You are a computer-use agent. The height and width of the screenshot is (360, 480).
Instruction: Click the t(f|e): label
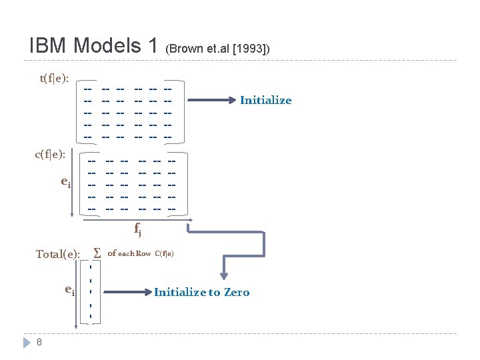(57, 78)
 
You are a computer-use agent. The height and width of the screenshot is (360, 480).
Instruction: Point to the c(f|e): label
(51, 155)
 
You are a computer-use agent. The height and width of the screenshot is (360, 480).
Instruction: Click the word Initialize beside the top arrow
(265, 101)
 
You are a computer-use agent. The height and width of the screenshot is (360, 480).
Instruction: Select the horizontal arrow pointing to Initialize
(212, 101)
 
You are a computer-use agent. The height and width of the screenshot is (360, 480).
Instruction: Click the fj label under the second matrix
(137, 231)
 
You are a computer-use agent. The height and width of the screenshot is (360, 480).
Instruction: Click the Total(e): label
(58, 254)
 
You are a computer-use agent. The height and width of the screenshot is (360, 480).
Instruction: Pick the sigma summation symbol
(97, 253)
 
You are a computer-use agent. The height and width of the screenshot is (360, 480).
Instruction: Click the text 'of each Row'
(129, 253)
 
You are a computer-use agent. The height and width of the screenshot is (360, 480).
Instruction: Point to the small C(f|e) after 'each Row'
(165, 253)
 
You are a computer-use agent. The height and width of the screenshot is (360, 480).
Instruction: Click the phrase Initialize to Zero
(201, 292)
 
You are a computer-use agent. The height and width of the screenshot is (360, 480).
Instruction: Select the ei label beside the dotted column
(69, 289)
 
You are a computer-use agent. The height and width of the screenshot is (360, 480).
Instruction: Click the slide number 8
(40, 343)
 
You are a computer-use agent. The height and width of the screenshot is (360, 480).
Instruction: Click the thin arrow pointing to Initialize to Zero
(127, 292)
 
